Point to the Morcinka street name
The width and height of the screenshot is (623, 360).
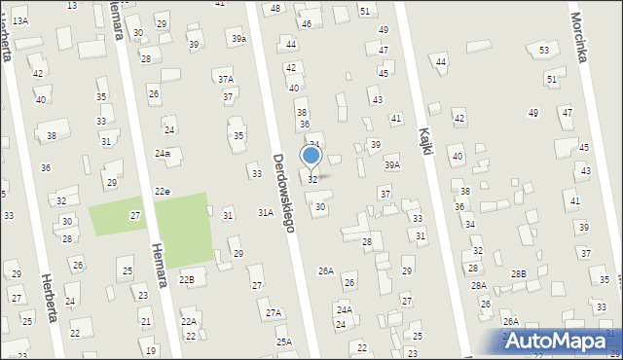point(580,39)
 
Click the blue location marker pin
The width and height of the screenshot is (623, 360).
point(311,157)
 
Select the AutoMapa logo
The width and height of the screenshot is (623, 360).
point(562,340)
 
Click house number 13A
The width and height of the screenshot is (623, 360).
point(19,20)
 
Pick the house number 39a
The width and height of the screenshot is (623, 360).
point(238,38)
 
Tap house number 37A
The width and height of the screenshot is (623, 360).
point(225,79)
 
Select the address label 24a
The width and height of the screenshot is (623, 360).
point(163,154)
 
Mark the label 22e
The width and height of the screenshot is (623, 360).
point(162,192)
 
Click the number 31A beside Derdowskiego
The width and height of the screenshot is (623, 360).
point(265,211)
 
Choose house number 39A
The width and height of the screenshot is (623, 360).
point(391,165)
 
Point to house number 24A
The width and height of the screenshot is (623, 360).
point(344,309)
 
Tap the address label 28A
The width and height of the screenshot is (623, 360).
point(478,285)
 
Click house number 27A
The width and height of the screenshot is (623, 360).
point(274,312)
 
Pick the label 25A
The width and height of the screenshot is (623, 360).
point(283,342)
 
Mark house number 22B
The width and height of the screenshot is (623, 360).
point(186,280)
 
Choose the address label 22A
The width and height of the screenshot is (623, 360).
point(188,321)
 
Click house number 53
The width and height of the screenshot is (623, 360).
point(544,50)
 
